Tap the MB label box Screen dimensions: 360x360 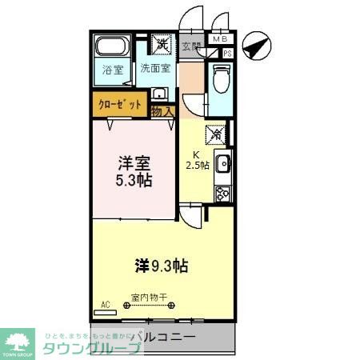pyautogui.click(x=218, y=38)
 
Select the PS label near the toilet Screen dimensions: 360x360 pyautogui.click(x=227, y=53)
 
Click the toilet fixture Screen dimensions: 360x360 pyautogui.click(x=220, y=80)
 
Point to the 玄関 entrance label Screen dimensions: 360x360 pyautogui.click(x=191, y=47)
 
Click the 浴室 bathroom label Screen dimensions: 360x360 pyautogui.click(x=113, y=70)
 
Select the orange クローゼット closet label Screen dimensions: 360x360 pyautogui.click(x=120, y=105)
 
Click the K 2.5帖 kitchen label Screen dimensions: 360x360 pyautogui.click(x=198, y=160)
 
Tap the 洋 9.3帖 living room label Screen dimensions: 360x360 pyautogui.click(x=161, y=265)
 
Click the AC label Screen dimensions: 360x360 pyautogui.click(x=106, y=304)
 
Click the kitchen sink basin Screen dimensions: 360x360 pyautogui.click(x=223, y=166)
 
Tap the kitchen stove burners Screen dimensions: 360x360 pyautogui.click(x=222, y=193)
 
